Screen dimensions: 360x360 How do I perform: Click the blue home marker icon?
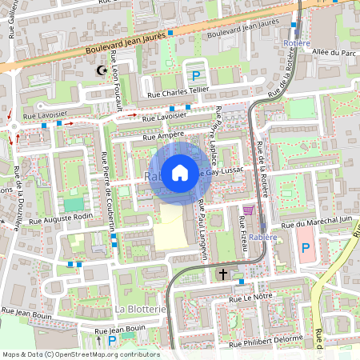point(180,171)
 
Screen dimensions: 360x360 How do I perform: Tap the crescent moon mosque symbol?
point(101,71)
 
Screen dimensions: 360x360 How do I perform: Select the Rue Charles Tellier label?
point(177,94)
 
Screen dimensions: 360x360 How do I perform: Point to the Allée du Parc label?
point(337,53)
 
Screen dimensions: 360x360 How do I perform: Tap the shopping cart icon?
point(248,210)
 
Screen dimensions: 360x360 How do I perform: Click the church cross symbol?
point(223,274)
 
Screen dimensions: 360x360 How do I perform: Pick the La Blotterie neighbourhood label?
point(140,309)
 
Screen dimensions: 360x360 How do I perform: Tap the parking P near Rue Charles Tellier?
point(196,76)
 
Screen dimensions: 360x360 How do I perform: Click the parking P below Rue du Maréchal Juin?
point(305,249)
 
